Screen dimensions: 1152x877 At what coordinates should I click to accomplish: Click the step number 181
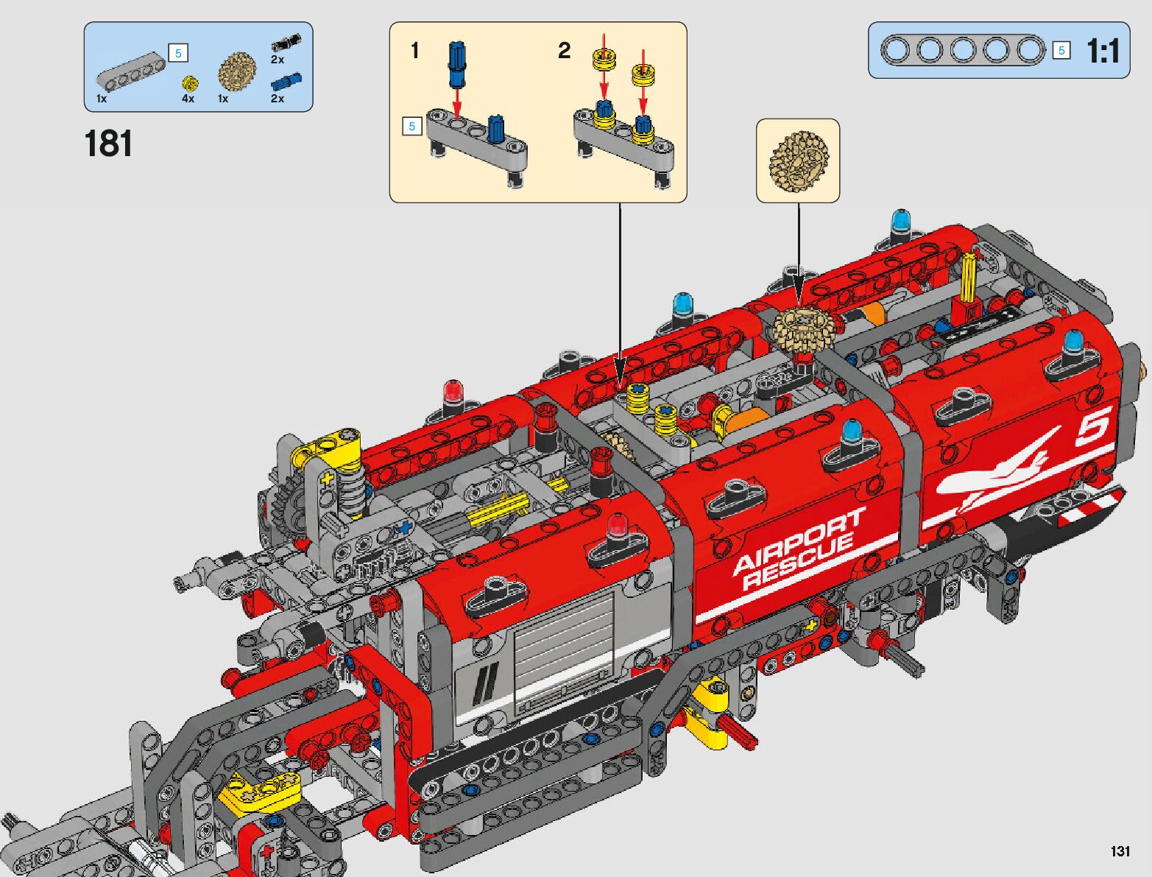coord(108,144)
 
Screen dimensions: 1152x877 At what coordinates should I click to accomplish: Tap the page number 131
coord(1120,850)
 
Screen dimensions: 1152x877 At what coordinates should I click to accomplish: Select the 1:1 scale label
coord(1103,51)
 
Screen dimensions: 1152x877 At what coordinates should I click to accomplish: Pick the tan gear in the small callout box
coord(798,161)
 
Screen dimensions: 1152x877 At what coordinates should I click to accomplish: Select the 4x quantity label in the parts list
coord(188,98)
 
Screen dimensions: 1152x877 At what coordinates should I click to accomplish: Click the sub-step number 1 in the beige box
coord(414,51)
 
